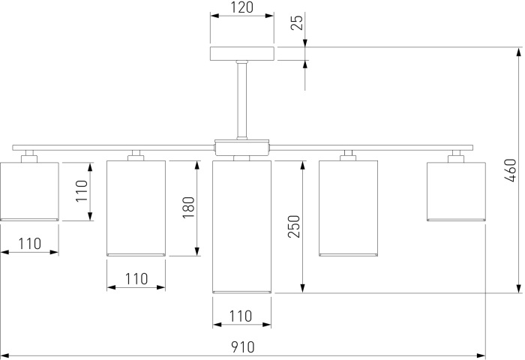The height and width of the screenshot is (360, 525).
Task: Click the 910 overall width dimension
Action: (x=242, y=347)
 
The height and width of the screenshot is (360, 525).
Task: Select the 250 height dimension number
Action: (x=294, y=226)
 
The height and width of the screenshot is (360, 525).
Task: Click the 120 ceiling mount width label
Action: (x=241, y=9)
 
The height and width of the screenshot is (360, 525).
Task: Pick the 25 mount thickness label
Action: (x=297, y=22)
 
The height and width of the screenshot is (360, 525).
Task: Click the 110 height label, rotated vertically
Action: (x=82, y=191)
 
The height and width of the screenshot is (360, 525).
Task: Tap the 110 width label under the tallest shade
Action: (x=240, y=316)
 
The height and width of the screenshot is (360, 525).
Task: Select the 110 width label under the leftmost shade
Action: (x=28, y=243)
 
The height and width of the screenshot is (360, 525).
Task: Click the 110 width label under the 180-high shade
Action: (x=136, y=279)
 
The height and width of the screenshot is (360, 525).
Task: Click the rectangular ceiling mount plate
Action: (x=241, y=54)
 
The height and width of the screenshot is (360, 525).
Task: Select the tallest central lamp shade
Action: (x=241, y=225)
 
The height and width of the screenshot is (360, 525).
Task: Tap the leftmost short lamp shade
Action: (x=29, y=190)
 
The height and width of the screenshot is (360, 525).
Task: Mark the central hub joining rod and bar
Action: (x=241, y=146)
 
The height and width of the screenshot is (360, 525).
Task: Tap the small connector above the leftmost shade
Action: (x=29, y=155)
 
